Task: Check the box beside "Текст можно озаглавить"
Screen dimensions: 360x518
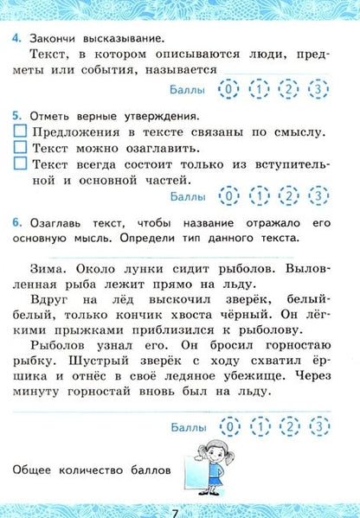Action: [22, 148]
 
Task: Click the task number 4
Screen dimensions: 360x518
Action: [16, 38]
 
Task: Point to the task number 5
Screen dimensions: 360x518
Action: [16, 115]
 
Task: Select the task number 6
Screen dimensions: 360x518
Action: [16, 221]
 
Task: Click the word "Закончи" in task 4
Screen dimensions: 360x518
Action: [50, 38]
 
